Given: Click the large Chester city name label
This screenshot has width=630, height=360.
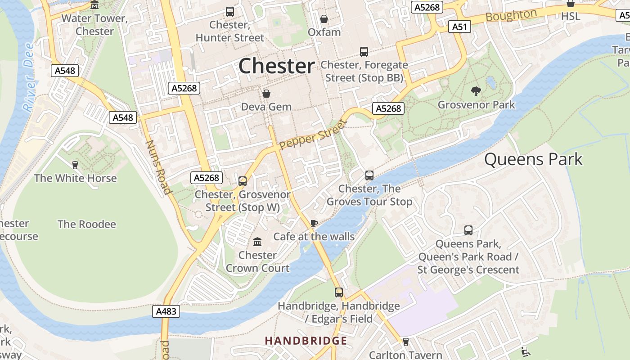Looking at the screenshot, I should tap(276, 66).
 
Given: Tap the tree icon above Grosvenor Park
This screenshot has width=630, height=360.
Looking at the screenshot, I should tap(476, 91).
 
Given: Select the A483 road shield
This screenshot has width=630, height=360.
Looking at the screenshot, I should tap(166, 311).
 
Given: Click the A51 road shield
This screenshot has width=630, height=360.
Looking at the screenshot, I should tap(459, 27).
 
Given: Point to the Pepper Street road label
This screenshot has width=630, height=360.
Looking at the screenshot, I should tap(313, 135).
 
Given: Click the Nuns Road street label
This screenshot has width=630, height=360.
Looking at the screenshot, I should tap(158, 167).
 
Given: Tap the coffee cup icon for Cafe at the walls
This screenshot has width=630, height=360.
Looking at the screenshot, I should tap(314, 223).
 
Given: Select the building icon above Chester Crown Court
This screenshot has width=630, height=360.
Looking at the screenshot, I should tap(257, 242).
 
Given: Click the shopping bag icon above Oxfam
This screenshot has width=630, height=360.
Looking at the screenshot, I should tap(324, 19).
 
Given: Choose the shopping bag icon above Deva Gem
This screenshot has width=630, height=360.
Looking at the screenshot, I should tap(266, 94).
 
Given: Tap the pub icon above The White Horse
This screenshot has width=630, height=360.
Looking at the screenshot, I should tap(75, 165).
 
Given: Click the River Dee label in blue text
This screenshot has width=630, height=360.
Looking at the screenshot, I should tap(29, 77).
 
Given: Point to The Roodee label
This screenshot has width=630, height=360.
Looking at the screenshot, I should tap(86, 224).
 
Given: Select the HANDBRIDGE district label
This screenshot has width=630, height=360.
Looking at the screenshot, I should tap(306, 341).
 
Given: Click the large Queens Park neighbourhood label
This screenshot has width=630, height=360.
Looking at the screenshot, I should tap(533, 159).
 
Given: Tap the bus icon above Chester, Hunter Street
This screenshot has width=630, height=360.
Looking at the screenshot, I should tap(230, 12).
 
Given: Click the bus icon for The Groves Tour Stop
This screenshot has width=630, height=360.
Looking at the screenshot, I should tap(369, 175).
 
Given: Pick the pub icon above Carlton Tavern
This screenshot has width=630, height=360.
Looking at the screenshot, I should tap(405, 342).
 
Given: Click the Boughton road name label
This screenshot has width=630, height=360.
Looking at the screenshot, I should tap(511, 16).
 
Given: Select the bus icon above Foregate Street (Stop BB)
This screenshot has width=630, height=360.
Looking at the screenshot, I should tap(364, 52).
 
